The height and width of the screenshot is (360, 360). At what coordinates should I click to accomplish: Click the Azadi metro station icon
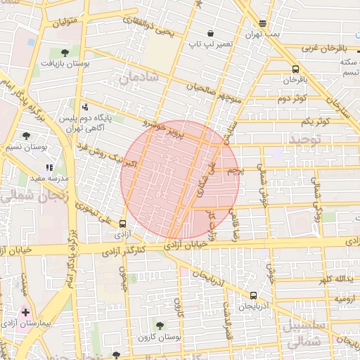[x=124, y=225]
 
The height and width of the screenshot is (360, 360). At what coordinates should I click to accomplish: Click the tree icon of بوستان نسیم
[x=27, y=136]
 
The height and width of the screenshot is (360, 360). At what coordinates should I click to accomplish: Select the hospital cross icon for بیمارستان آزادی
[x=26, y=311]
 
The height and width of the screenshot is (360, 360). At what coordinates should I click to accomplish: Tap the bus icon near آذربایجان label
[x=253, y=296]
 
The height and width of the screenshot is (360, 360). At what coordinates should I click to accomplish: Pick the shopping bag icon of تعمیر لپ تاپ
[x=210, y=33]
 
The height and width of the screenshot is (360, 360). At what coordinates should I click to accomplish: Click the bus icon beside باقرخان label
[x=295, y=69]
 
